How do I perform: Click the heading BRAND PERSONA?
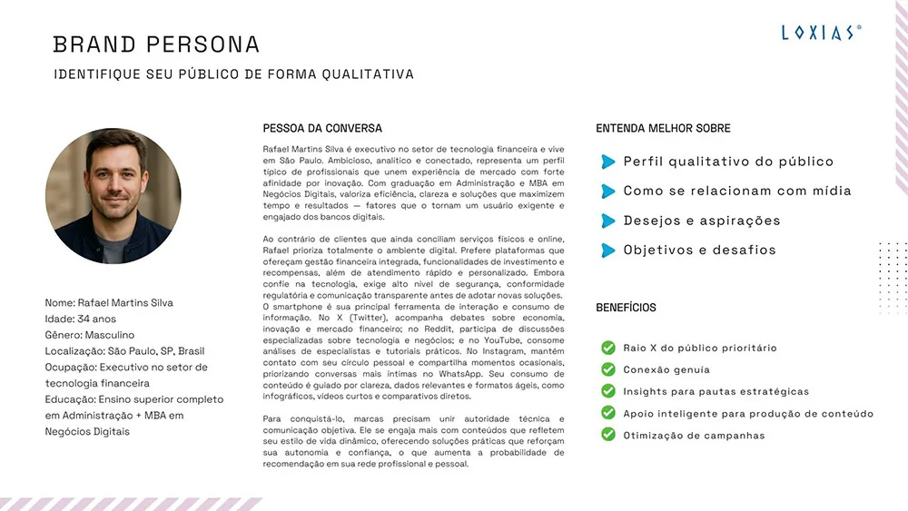156,44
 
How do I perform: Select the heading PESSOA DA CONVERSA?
322,129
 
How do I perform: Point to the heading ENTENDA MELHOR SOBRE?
663,129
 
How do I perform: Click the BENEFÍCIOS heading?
626,308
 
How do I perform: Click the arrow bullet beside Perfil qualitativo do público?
607,162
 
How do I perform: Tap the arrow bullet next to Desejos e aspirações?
607,221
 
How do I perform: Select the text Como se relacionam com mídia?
737,191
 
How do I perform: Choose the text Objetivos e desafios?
699,250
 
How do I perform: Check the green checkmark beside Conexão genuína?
607,369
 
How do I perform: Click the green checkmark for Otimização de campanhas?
607,435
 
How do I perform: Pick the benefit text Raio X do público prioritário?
699,348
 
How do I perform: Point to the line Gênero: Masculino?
89,335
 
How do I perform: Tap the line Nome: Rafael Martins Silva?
108,302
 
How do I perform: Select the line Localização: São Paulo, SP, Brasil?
124,351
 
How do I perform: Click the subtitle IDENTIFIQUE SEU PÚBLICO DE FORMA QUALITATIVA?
233,74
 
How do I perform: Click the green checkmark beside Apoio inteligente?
607,413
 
